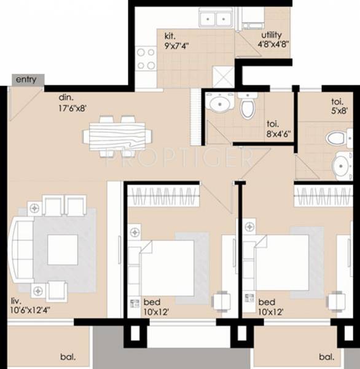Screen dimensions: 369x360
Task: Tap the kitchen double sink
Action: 215,20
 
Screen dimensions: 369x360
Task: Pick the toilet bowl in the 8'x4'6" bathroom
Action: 248,107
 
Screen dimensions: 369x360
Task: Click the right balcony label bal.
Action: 326,356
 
